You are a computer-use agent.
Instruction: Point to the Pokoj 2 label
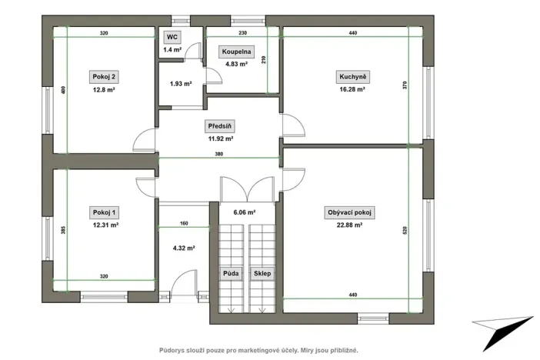(103, 77)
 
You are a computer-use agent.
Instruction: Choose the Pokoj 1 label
(103, 212)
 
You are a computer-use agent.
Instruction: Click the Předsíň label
(220, 126)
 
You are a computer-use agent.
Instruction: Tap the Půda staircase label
(230, 273)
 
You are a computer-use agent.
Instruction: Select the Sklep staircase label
(262, 273)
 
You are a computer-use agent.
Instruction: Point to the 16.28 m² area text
(352, 90)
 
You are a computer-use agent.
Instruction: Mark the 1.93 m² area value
(181, 83)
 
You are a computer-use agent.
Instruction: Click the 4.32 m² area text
(183, 248)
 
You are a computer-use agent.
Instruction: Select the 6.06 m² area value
(245, 212)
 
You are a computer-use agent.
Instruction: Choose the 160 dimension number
(184, 224)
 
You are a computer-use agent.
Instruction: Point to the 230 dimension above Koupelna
(242, 34)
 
